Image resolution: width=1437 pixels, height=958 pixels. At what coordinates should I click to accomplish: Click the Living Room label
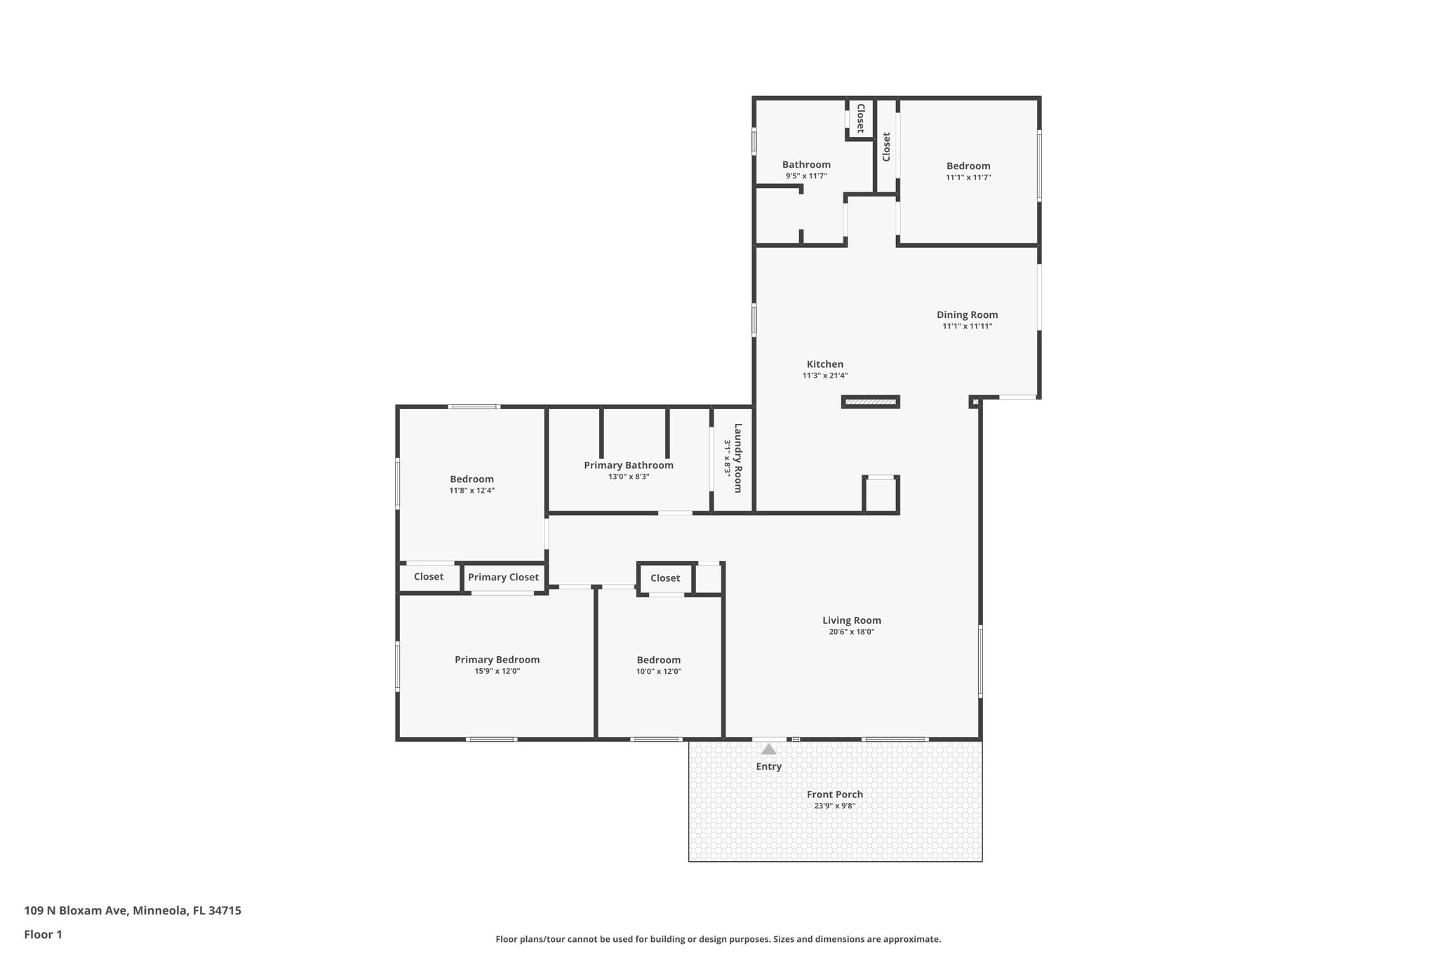tap(851, 620)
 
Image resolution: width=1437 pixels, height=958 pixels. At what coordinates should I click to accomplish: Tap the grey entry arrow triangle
tap(769, 750)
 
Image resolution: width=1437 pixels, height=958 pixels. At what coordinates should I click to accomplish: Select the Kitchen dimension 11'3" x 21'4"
tap(825, 375)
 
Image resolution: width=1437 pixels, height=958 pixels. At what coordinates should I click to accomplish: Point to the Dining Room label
tap(967, 315)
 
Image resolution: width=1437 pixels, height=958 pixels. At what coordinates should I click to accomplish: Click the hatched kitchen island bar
tap(870, 402)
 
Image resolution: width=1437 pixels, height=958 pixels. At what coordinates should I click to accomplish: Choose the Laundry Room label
tap(737, 458)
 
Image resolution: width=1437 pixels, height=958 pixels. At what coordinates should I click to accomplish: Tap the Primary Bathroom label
tap(628, 465)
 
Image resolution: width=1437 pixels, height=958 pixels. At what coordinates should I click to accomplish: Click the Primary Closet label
tap(503, 577)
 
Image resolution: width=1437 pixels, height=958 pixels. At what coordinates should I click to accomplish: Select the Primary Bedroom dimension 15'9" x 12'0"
tap(497, 671)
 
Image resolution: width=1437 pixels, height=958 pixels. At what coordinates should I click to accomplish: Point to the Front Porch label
tap(834, 794)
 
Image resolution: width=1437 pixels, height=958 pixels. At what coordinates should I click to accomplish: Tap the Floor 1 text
tap(43, 934)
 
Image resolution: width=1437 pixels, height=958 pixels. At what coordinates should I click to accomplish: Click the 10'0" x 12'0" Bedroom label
tap(658, 660)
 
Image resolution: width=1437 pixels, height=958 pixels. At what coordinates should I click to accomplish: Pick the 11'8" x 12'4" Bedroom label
tap(472, 479)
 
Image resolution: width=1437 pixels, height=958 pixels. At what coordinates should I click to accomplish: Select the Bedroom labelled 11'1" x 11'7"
tap(968, 166)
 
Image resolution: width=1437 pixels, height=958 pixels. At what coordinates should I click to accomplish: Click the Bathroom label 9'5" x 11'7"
tap(806, 165)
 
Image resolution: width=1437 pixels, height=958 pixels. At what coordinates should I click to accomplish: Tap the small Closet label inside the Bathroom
tap(860, 118)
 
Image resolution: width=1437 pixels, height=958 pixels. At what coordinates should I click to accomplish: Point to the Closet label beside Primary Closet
tap(428, 576)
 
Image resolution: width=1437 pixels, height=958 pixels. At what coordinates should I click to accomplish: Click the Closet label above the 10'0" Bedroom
tap(664, 578)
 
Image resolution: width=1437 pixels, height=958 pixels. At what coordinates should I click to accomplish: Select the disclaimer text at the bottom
tap(718, 939)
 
